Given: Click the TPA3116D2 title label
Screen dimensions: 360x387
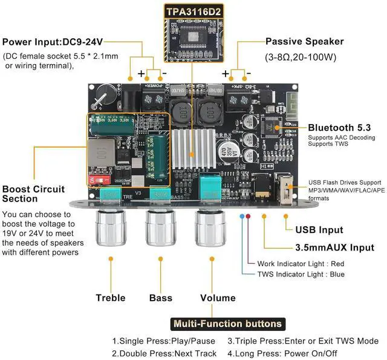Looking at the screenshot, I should (193, 10).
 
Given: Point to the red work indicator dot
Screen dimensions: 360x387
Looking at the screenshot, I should (247, 216).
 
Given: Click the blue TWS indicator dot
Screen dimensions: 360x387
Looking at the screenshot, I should (242, 216).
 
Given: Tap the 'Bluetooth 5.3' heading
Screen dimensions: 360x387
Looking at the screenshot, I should (339, 128).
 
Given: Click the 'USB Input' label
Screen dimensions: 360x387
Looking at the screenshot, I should (319, 230).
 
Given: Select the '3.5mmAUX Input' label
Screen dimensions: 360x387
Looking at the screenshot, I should (334, 247).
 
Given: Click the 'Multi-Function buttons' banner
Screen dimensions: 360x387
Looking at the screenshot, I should (227, 324).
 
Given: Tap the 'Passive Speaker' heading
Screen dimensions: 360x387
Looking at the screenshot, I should (305, 42).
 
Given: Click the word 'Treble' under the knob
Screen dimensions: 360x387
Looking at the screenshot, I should (111, 298).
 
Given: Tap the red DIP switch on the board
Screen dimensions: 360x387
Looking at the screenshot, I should (100, 180).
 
